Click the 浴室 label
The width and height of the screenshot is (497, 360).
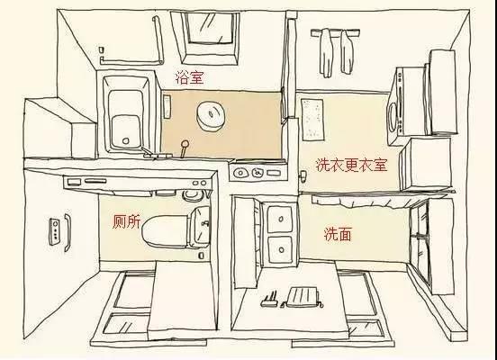click(x=189, y=78)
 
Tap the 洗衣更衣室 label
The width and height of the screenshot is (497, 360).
click(x=350, y=165)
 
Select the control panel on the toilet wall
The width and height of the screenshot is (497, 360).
click(x=60, y=230)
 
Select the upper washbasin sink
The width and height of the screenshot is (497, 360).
click(x=280, y=217)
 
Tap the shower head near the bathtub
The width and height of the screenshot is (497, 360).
click(x=184, y=144)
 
